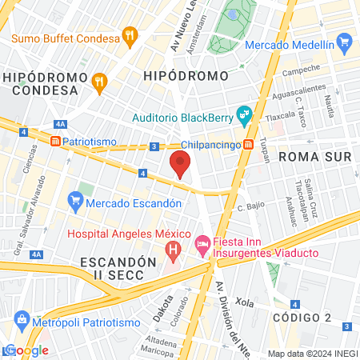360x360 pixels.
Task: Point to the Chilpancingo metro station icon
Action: coord(249,145)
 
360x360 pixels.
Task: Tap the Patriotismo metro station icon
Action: coord(56,142)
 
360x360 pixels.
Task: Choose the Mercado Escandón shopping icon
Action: coord(76,198)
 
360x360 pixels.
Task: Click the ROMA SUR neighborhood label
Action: coord(314,157)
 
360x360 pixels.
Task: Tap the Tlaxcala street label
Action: coord(280,114)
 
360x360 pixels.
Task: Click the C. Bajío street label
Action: coord(252,207)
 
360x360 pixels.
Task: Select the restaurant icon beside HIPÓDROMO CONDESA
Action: coord(100,80)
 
